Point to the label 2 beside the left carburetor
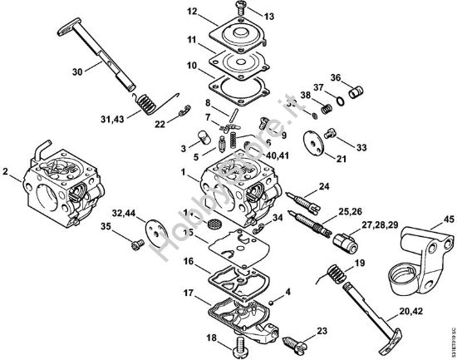(6, 174)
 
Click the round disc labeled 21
(315, 141)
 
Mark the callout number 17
(189, 292)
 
